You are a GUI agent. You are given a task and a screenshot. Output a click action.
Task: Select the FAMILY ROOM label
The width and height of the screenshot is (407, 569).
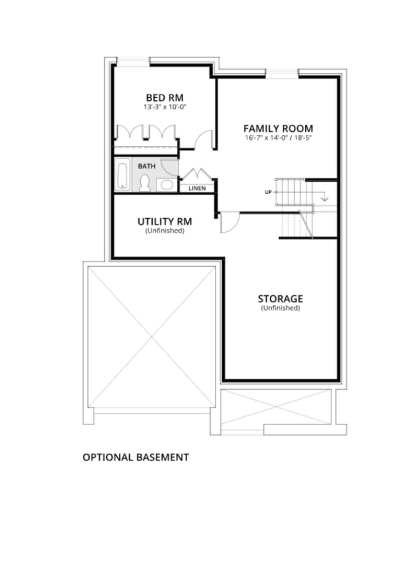pyautogui.click(x=278, y=129)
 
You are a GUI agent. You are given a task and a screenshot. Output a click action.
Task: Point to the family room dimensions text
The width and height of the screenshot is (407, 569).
pyautogui.click(x=278, y=138)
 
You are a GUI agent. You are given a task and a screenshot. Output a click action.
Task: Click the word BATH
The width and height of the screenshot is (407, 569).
pyautogui.click(x=147, y=166)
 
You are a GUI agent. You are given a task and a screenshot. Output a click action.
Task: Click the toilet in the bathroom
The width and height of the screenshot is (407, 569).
pyautogui.click(x=145, y=183)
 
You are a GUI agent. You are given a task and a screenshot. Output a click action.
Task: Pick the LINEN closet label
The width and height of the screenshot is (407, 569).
pyautogui.click(x=197, y=188)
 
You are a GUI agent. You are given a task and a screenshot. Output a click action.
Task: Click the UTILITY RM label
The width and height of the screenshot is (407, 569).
pyautogui.click(x=165, y=222)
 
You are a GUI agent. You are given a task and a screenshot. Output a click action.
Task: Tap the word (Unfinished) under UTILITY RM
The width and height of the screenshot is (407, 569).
pyautogui.click(x=165, y=231)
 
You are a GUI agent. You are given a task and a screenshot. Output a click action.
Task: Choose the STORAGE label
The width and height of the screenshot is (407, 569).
pyautogui.click(x=280, y=299)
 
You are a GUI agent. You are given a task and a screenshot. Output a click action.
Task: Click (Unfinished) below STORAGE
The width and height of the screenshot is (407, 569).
pyautogui.click(x=281, y=308)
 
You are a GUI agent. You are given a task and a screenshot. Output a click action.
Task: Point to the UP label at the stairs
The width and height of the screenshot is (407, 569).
pyautogui.click(x=268, y=192)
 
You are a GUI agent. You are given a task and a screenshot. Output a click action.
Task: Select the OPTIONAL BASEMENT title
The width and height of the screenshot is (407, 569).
pyautogui.click(x=136, y=457)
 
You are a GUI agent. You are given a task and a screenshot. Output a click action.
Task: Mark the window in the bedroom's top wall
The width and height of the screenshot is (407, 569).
pyautogui.click(x=133, y=62)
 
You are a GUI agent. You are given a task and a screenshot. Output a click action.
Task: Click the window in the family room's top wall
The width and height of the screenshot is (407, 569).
pyautogui.click(x=282, y=73)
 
